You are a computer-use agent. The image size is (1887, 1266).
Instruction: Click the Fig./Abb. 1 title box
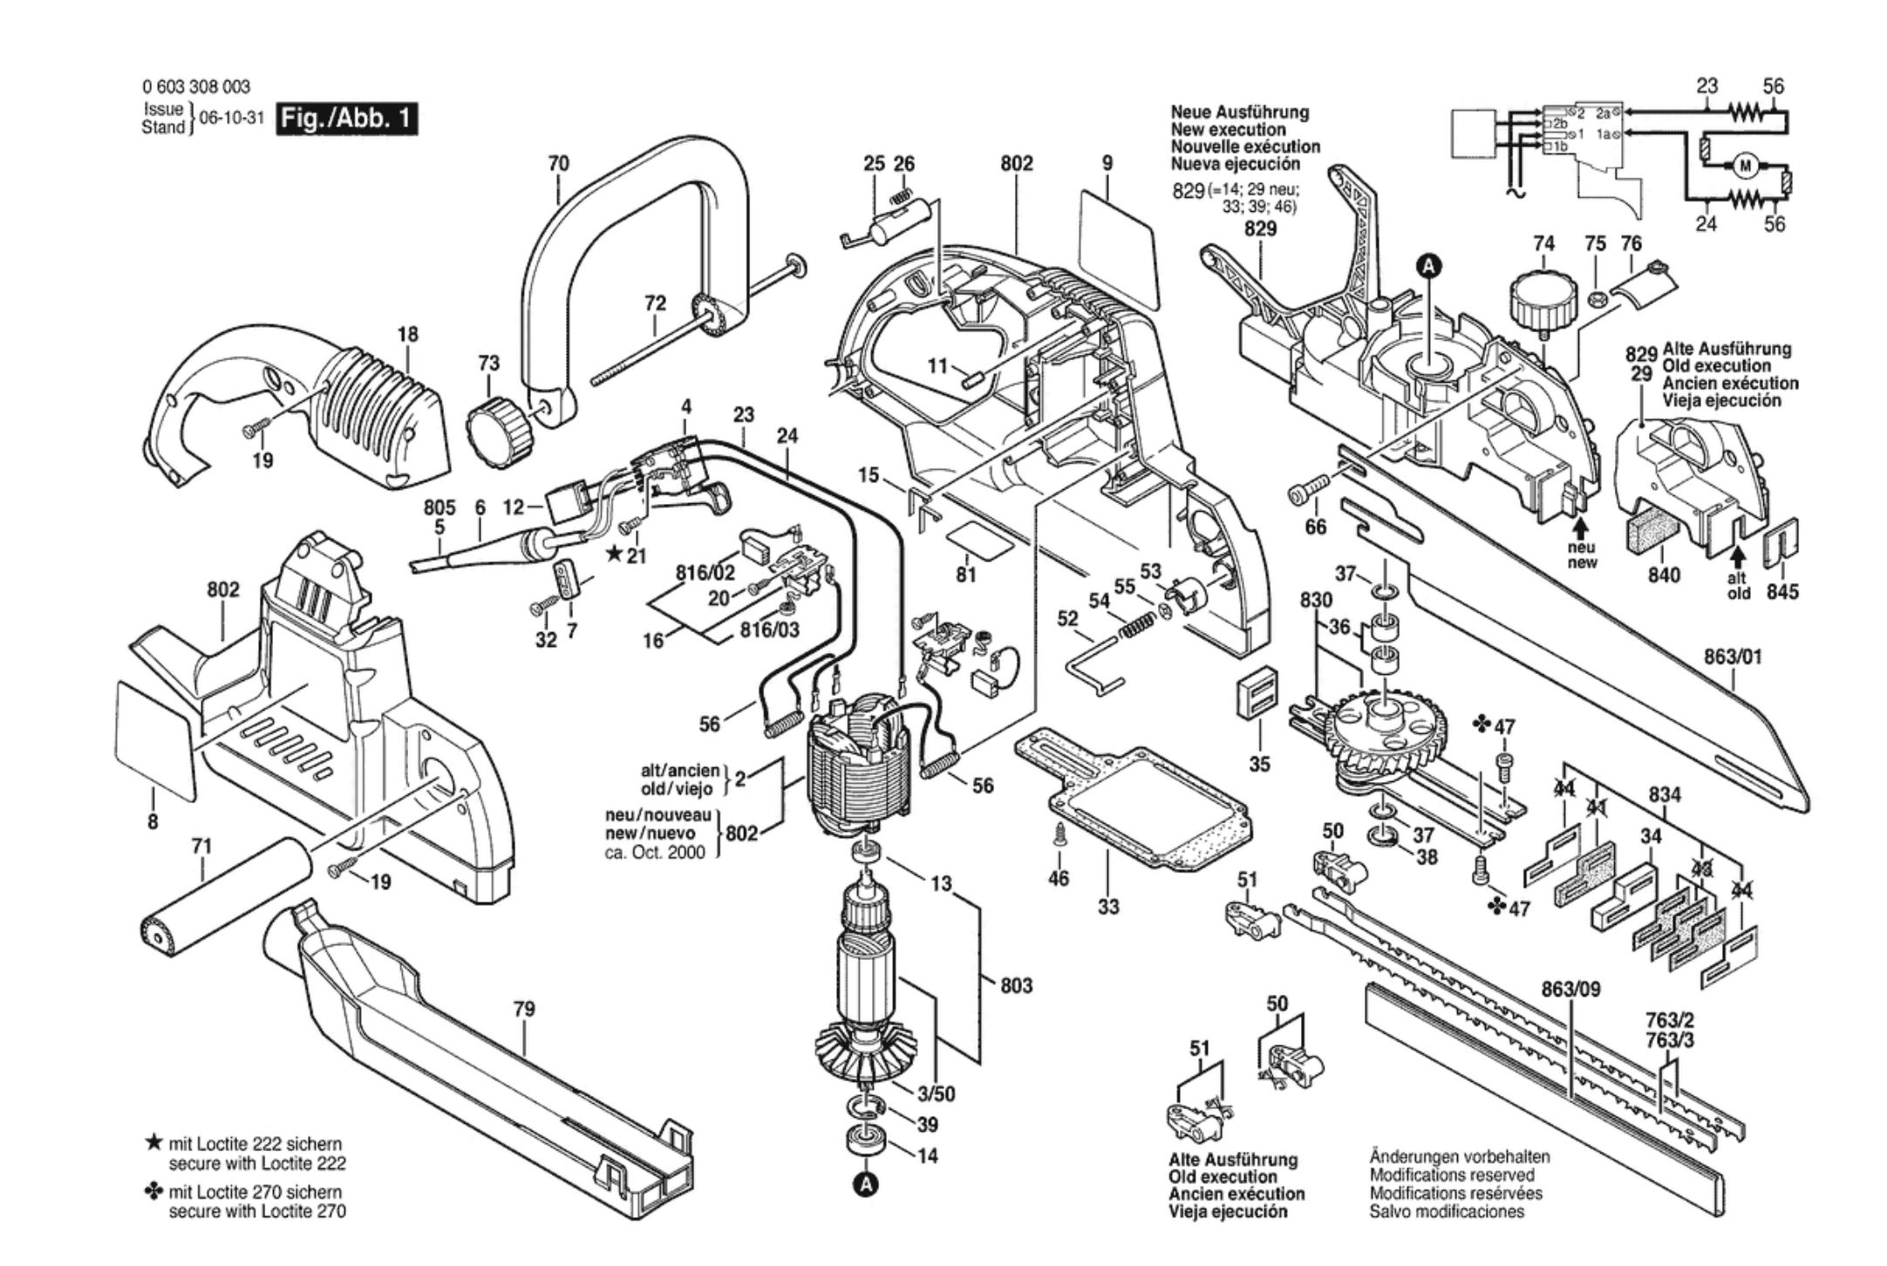[347, 119]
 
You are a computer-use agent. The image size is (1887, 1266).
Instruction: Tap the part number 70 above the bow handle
[558, 163]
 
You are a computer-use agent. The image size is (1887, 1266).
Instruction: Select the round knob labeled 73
[498, 428]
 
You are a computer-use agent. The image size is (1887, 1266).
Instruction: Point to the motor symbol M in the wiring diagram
[1745, 167]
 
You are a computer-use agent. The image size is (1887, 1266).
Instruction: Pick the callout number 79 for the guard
[523, 1009]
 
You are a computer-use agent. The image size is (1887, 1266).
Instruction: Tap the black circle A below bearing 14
[866, 1184]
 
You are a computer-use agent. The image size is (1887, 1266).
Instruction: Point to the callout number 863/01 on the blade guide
[1733, 657]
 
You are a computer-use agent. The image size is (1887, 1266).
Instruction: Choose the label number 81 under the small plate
[965, 575]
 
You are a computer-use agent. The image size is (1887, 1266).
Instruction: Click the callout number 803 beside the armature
[1016, 985]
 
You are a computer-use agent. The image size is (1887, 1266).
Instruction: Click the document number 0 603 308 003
[195, 86]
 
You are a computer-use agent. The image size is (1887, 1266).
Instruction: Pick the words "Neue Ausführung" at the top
[1239, 112]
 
